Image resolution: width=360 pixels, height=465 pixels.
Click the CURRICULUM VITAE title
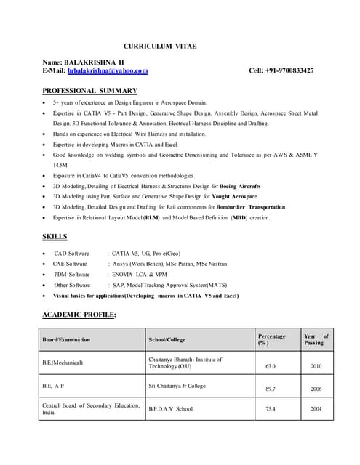tap(159, 46)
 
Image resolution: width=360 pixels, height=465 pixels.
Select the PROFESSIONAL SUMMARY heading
tap(89, 91)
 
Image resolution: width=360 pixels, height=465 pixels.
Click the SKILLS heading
tap(55, 237)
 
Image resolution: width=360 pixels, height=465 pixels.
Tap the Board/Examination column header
tap(66, 340)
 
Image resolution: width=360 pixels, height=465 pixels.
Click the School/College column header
tap(167, 340)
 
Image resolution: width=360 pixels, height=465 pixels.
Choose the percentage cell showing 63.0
tap(270, 365)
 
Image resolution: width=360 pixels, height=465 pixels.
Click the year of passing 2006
tap(316, 389)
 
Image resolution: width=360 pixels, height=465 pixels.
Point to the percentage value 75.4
tap(270, 409)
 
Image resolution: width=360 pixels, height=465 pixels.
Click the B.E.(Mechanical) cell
tap(63, 362)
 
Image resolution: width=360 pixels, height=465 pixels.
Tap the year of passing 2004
tap(316, 409)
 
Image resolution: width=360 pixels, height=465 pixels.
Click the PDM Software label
tap(72, 275)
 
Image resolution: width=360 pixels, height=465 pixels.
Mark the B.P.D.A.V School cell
tap(172, 409)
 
